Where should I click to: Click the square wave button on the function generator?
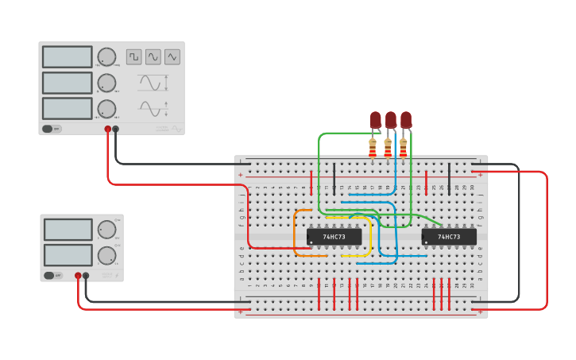click(133, 56)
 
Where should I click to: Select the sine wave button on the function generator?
click(153, 56)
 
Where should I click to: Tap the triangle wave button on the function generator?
click(172, 56)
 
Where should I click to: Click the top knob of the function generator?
click(106, 56)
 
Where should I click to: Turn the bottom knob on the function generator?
click(106, 108)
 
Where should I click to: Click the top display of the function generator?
click(68, 56)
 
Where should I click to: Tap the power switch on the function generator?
click(48, 129)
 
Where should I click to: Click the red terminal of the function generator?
click(108, 129)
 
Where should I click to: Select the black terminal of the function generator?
click(116, 129)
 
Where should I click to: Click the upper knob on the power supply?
click(106, 230)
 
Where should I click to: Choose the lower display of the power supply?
click(68, 255)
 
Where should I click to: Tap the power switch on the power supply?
click(49, 276)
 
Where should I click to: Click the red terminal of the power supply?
click(78, 276)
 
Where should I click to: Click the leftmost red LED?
click(375, 120)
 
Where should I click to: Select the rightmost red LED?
click(406, 120)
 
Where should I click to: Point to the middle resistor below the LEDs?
click(388, 147)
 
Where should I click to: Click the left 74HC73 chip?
click(334, 237)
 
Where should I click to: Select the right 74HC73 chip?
click(449, 237)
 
